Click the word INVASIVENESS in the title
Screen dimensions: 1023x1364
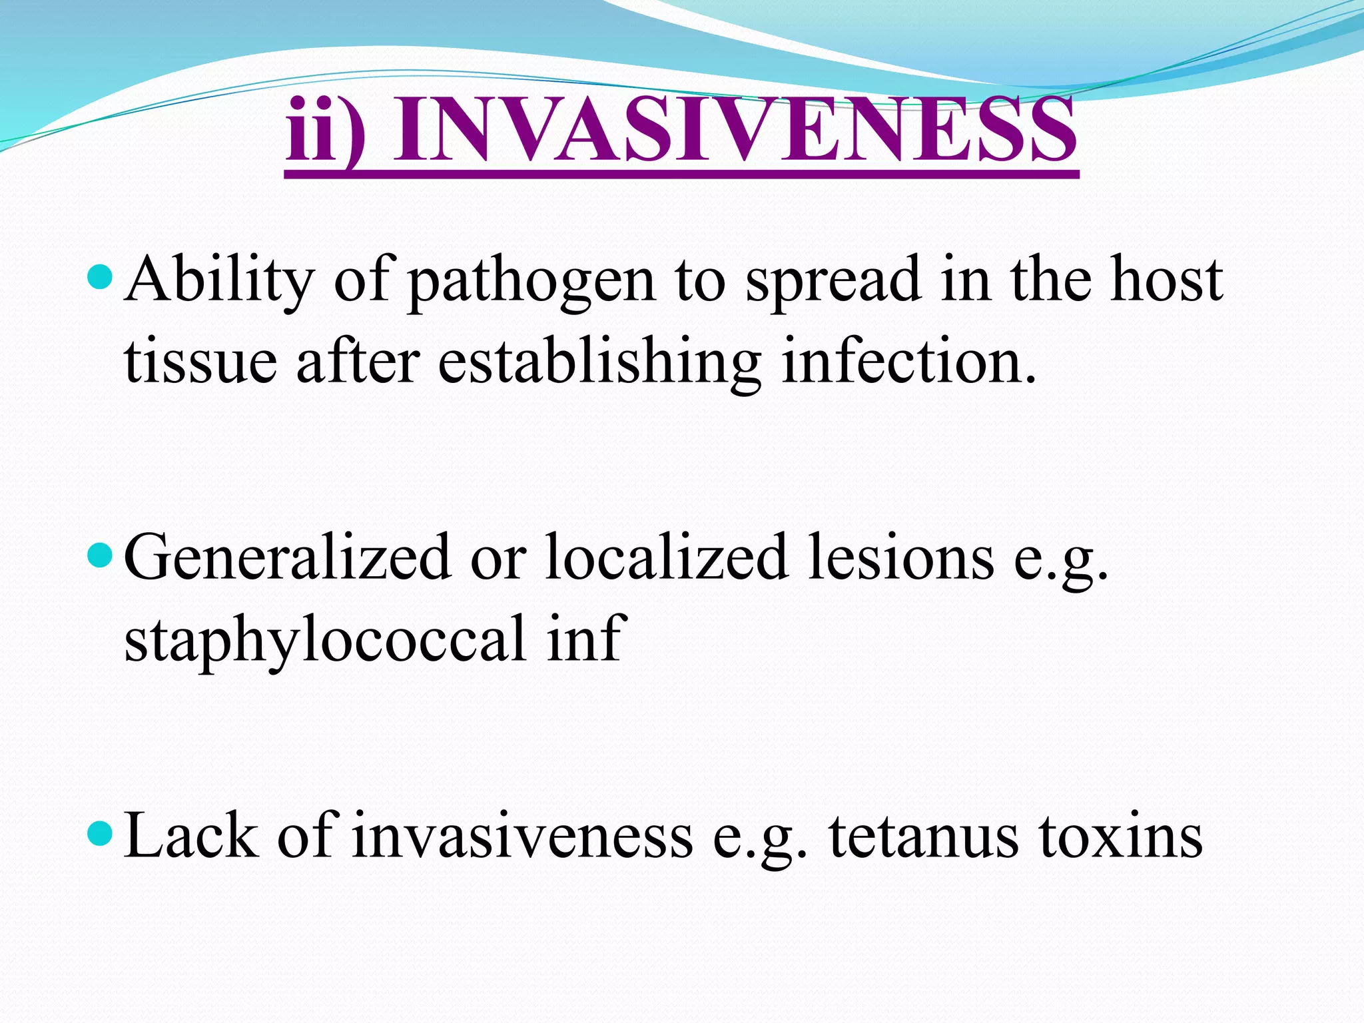(734, 130)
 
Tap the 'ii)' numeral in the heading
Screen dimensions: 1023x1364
(325, 130)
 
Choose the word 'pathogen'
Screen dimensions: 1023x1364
(531, 283)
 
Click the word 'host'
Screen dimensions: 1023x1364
(1166, 280)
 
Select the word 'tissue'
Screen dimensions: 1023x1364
(200, 363)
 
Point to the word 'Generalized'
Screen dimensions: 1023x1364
(287, 558)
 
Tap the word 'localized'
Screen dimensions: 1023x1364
(667, 558)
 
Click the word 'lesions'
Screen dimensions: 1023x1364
(901, 558)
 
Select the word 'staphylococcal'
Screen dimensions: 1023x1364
(326, 641)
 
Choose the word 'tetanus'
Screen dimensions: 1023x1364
(923, 837)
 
